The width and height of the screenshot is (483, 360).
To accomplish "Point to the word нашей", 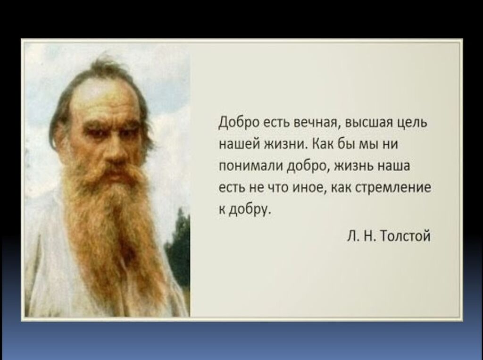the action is [239, 144].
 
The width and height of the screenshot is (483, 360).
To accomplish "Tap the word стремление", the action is [393, 188].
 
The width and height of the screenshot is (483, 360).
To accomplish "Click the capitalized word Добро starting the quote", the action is [239, 123].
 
